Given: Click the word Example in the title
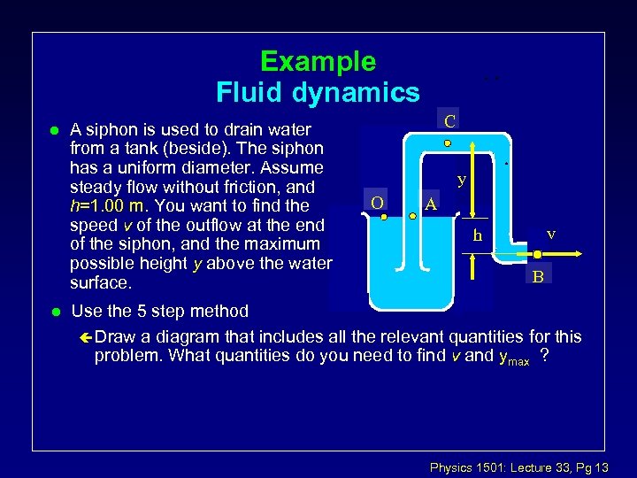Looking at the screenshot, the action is [318, 62].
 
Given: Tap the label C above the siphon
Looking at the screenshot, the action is [450, 120].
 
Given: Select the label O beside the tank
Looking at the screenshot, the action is [377, 203].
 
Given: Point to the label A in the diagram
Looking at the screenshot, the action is [431, 204].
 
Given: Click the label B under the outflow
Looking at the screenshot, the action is [538, 277].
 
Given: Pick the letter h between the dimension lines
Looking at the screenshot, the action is [478, 235].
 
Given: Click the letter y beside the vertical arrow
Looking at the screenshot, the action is [462, 180].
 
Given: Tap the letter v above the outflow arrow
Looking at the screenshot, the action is [551, 234].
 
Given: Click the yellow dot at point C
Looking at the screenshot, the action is [448, 143].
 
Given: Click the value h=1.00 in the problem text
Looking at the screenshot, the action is [110, 206].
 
